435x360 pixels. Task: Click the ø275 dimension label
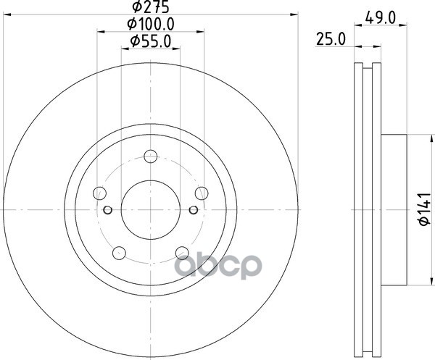(151, 7)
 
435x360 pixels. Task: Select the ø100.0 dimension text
(151, 25)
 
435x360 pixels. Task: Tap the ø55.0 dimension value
(151, 41)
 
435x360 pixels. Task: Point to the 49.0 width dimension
(380, 17)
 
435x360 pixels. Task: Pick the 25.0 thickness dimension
(331, 39)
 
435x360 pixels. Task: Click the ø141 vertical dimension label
(424, 209)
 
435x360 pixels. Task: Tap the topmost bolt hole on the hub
(151, 156)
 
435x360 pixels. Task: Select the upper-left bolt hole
(99, 193)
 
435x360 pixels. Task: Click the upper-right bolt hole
(202, 193)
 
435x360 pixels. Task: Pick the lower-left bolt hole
(120, 253)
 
